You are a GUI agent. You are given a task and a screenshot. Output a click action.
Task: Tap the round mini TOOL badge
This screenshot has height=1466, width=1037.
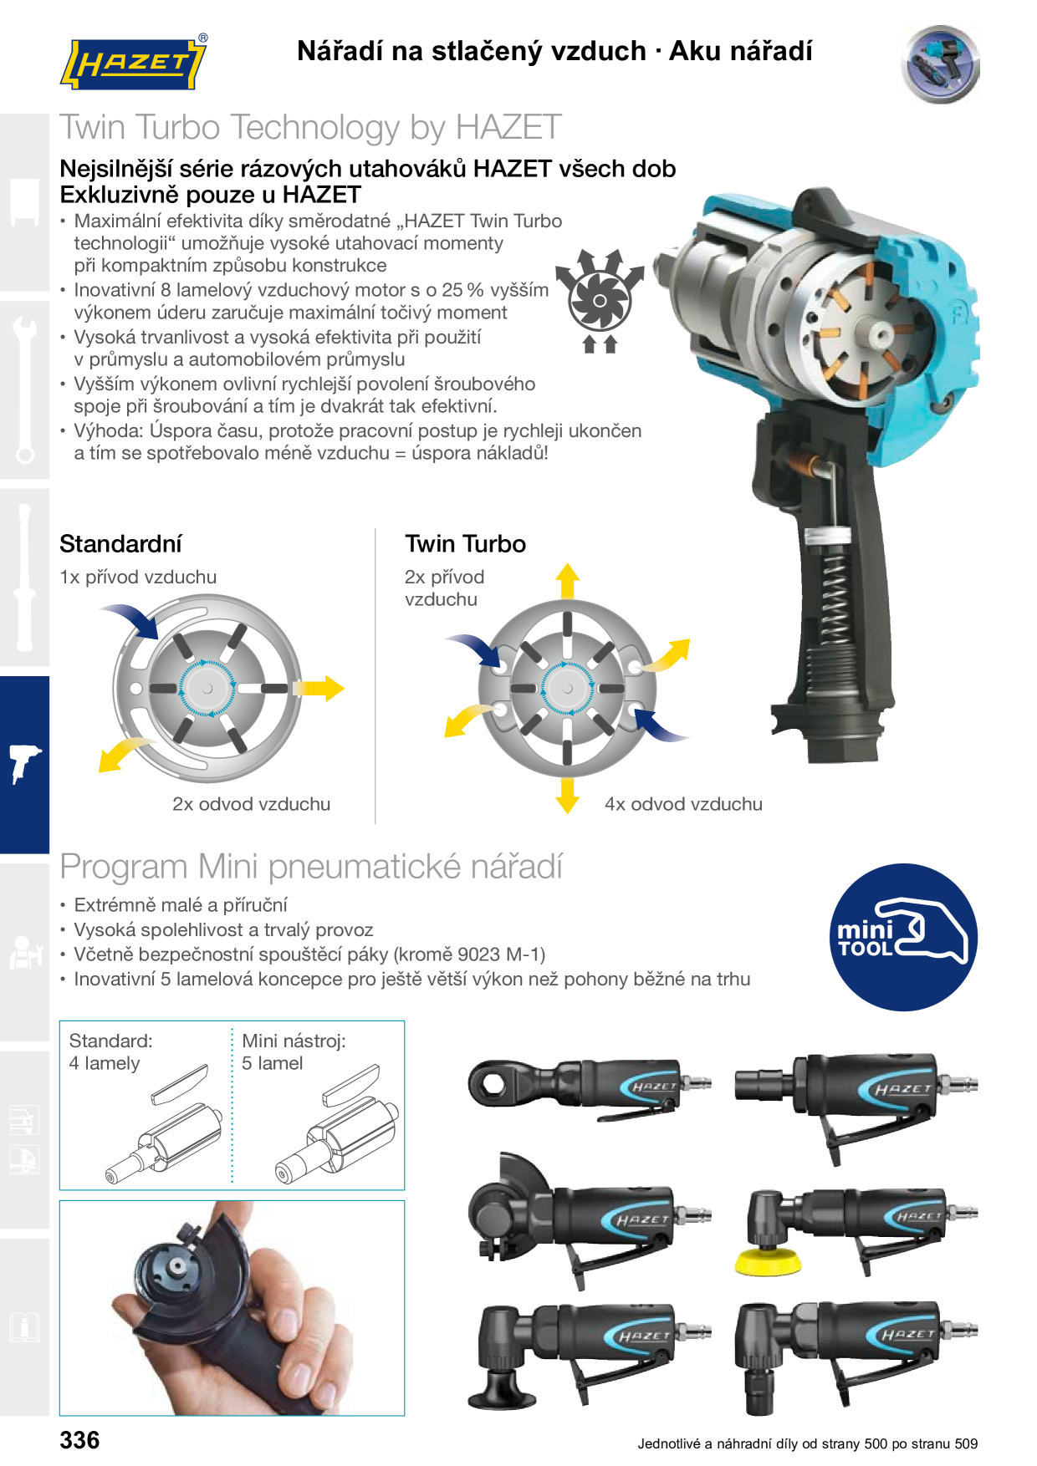(x=903, y=937)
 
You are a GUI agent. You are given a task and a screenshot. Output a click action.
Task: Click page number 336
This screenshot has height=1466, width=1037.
(x=79, y=1440)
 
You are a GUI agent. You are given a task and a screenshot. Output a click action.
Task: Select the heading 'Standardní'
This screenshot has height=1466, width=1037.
(x=120, y=544)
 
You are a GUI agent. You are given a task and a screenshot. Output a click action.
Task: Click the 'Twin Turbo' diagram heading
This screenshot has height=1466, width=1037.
(x=466, y=544)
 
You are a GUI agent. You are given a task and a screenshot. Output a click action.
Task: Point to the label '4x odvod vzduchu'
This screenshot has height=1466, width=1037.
(x=683, y=804)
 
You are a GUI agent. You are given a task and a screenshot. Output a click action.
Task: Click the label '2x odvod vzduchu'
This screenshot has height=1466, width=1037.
(x=251, y=804)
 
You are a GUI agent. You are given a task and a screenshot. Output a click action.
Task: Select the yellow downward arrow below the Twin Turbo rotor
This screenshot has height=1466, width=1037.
(x=568, y=795)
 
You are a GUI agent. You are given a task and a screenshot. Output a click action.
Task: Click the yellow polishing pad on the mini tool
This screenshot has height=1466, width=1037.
(x=768, y=1262)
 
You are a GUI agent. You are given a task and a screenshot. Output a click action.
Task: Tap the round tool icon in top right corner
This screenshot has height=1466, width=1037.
(x=941, y=64)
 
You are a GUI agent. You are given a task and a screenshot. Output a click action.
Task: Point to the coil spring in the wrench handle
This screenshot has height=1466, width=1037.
(x=834, y=602)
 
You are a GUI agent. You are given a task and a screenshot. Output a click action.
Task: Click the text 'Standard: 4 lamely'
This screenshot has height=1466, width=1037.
(x=111, y=1051)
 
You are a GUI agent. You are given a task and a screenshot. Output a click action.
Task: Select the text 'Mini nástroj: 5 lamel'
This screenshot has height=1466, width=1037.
(x=294, y=1051)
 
